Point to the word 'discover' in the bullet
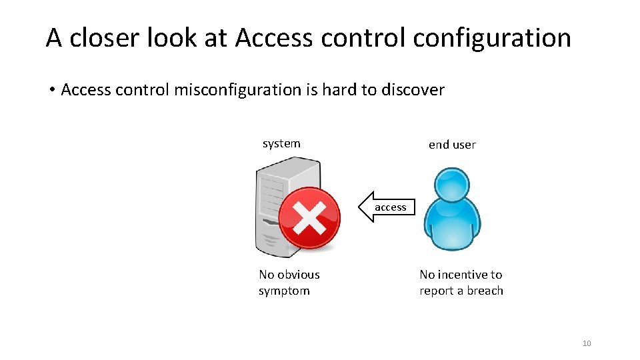[413, 90]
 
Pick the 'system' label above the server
[281, 143]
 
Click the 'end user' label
[452, 145]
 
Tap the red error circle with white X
[309, 217]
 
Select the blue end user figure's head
[451, 185]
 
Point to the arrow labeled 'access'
[387, 207]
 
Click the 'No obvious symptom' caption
[289, 283]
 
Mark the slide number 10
[587, 343]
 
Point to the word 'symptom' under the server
[284, 291]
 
